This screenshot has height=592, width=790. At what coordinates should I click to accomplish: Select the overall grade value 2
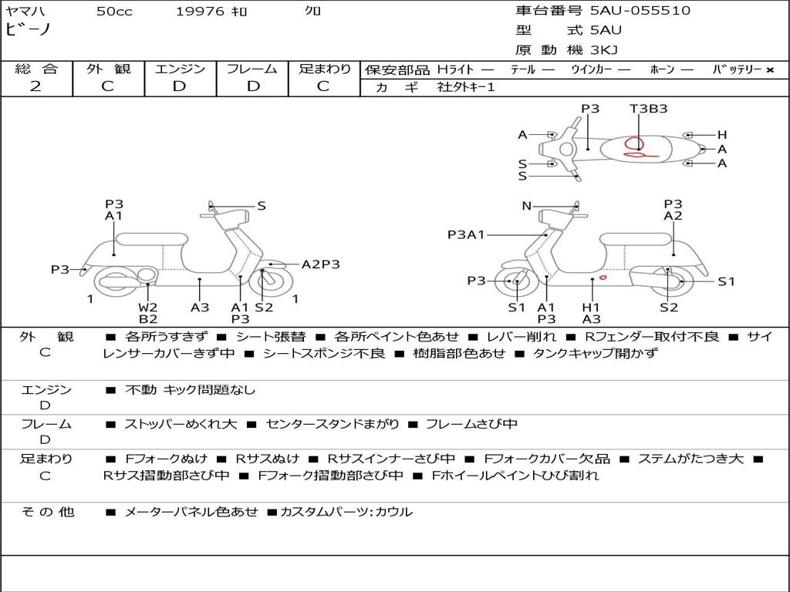click(35, 86)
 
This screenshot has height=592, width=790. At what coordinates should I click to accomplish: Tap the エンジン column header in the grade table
click(180, 69)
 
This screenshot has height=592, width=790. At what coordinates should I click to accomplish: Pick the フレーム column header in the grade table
click(252, 69)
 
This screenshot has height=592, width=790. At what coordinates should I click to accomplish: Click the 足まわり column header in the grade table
click(325, 69)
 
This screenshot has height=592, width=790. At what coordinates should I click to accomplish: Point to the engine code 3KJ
click(604, 50)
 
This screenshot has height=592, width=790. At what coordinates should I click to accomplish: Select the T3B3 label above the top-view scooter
click(648, 109)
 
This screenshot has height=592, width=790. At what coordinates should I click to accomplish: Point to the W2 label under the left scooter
click(148, 307)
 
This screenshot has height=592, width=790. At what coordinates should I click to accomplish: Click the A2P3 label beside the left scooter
click(320, 264)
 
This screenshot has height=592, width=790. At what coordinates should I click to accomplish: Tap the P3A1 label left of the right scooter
click(466, 234)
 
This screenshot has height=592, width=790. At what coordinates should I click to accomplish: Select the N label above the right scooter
click(527, 206)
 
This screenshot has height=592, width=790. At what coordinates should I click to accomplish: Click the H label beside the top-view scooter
click(722, 135)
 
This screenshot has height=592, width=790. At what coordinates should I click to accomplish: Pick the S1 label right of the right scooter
click(727, 281)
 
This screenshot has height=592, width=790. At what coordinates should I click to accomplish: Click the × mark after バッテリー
click(770, 69)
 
